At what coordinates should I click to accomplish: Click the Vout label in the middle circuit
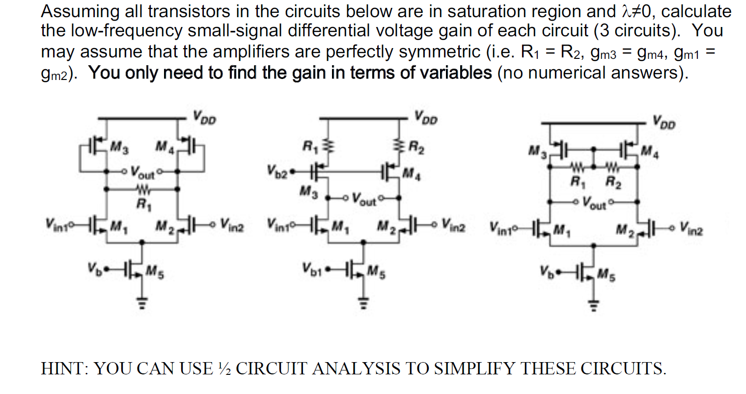(364, 200)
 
